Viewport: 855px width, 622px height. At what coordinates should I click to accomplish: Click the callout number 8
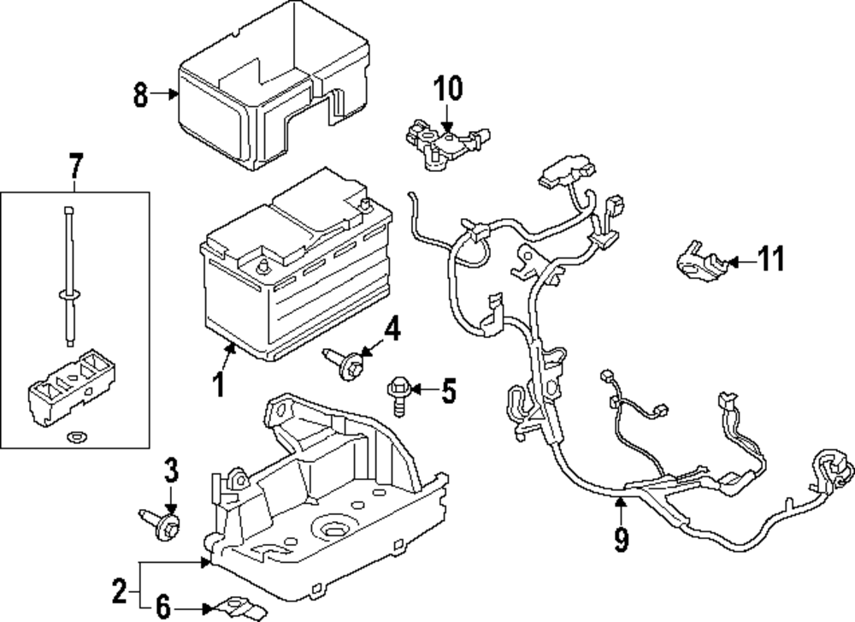point(141,94)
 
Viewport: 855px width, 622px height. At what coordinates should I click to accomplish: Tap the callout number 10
point(448,88)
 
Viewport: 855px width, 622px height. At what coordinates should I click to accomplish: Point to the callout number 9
point(621,539)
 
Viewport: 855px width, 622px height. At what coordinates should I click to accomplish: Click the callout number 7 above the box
point(74,166)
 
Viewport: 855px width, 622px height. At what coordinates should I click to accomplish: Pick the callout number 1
point(219,385)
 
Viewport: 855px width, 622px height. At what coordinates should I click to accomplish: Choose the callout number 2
point(119,591)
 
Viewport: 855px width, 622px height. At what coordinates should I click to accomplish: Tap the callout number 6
point(163,606)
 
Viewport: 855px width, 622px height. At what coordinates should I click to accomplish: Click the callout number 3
point(171,471)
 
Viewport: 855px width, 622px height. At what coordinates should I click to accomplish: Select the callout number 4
point(392,329)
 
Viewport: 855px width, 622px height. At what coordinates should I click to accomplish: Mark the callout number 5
point(448,391)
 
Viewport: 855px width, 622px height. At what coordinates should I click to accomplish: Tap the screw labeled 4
point(342,361)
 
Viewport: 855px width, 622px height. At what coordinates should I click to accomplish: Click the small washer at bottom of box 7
point(72,436)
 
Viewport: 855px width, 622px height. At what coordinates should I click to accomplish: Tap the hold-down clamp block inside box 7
point(72,389)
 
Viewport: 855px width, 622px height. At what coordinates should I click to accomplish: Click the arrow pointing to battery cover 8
point(165,94)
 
